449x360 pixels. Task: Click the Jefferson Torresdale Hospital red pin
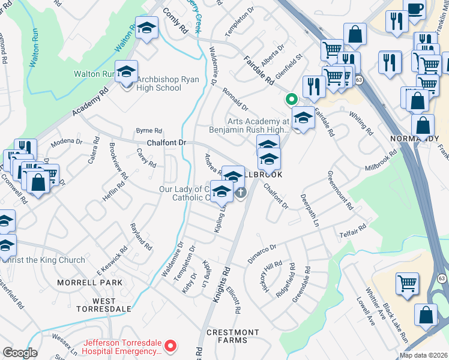click(170, 345)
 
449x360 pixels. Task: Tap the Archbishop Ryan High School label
click(158, 83)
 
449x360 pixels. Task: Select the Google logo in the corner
click(20, 353)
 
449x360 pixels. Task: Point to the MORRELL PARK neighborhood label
click(89, 282)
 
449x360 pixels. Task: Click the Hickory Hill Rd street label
click(275, 274)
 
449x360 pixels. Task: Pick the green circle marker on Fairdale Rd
click(291, 100)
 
